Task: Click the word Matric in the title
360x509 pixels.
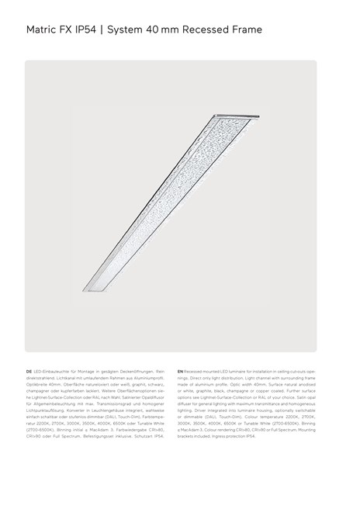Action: [x=43, y=30]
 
